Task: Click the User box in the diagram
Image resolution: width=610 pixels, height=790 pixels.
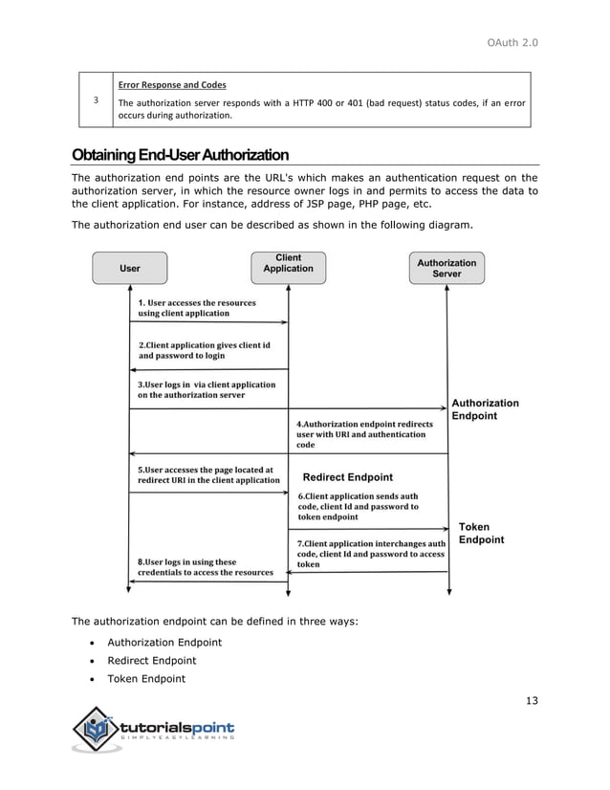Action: (129, 269)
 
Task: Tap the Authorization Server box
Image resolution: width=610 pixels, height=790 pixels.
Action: (446, 268)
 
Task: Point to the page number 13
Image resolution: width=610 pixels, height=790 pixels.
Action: (532, 701)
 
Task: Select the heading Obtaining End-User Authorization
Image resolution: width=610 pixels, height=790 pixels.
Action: (180, 155)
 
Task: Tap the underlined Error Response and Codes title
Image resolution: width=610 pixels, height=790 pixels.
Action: (172, 85)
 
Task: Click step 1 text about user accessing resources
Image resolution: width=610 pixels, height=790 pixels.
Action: (198, 308)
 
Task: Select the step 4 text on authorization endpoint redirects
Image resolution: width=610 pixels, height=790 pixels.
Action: (364, 433)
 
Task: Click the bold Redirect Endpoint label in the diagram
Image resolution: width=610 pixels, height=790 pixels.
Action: (347, 477)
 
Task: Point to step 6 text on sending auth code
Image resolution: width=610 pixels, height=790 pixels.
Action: (358, 506)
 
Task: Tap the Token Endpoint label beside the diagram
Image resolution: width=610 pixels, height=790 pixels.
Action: (481, 533)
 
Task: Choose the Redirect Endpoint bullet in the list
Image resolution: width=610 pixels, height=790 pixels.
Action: (151, 661)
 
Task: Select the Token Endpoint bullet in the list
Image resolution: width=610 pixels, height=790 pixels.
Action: (146, 679)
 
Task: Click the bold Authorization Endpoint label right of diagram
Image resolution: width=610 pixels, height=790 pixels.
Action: (484, 409)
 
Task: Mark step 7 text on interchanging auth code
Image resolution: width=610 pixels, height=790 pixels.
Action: (371, 554)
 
